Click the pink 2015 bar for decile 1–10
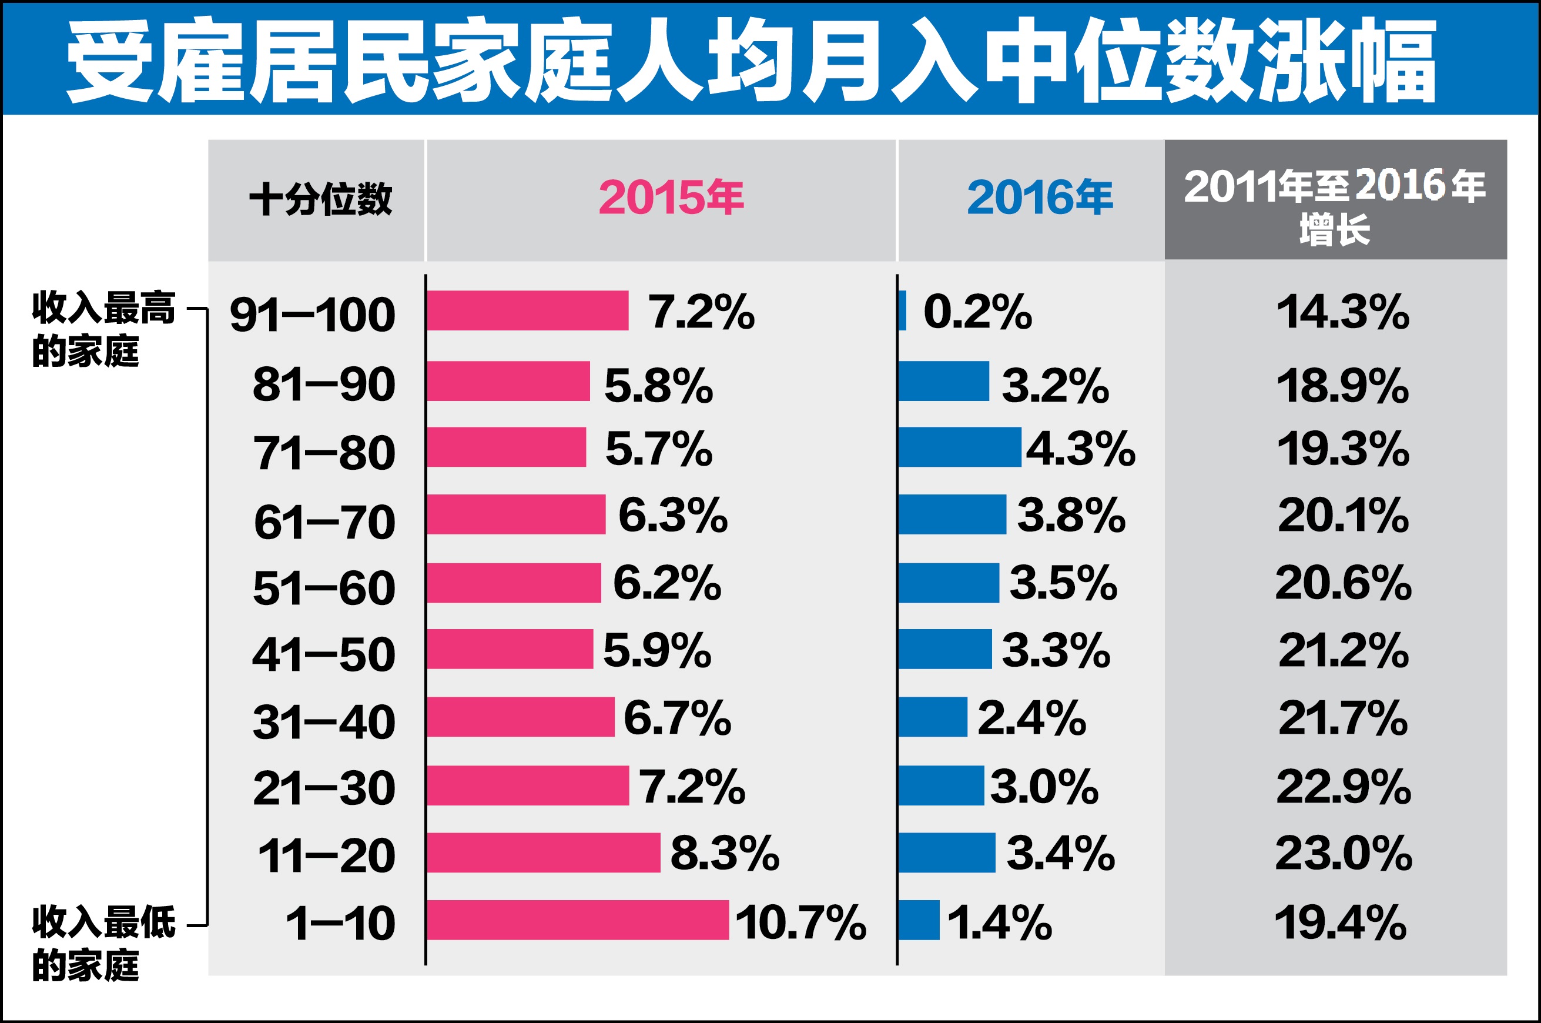point(578,920)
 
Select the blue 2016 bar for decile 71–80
point(959,447)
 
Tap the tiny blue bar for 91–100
point(902,310)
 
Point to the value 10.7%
point(800,922)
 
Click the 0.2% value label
point(977,312)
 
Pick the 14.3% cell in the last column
point(1343,312)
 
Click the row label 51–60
point(324,588)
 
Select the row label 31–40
point(324,722)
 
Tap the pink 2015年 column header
point(671,197)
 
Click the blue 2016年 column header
point(1040,197)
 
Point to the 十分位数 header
point(320,198)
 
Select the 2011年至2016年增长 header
point(1334,206)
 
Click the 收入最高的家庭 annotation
point(103,329)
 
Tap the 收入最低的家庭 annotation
point(103,943)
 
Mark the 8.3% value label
point(725,852)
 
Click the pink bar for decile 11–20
point(543,852)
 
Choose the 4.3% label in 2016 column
point(1081,449)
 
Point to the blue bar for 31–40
point(933,717)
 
